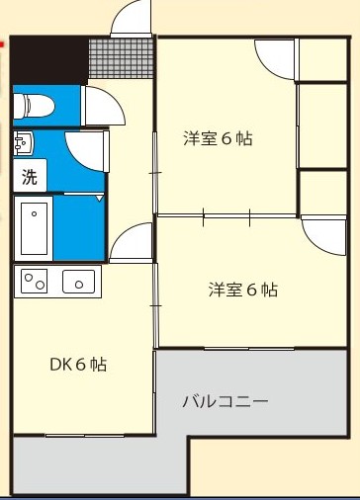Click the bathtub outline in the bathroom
(x=36, y=226)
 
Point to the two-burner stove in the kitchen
(x=36, y=281)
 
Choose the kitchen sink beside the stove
(x=78, y=282)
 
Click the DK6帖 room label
(x=78, y=365)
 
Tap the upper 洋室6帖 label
(x=218, y=138)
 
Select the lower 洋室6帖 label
(x=242, y=290)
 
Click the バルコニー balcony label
(x=225, y=402)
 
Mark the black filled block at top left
(x=49, y=60)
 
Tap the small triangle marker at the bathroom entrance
(x=100, y=198)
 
